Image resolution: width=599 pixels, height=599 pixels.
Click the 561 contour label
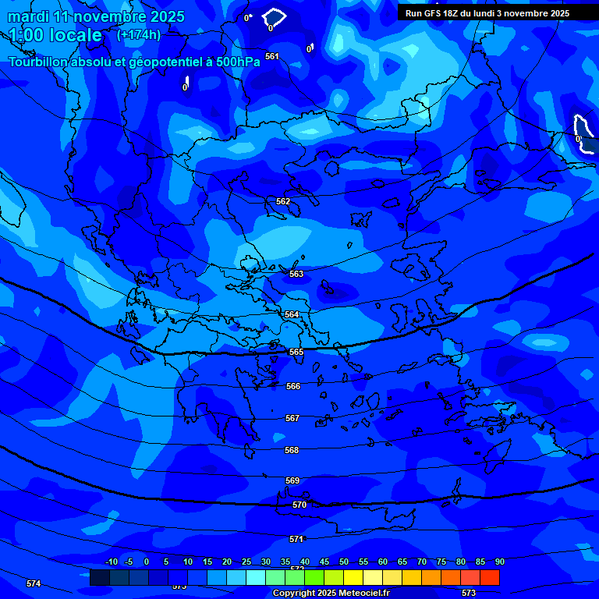[271, 56]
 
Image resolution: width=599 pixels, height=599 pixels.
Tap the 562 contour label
[283, 201]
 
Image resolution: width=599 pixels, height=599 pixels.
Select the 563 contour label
[296, 274]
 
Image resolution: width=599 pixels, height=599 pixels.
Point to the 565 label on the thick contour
[296, 352]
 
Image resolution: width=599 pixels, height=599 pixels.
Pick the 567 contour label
[292, 418]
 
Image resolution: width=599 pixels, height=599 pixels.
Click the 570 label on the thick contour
[299, 505]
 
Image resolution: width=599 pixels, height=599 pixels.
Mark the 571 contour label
[296, 539]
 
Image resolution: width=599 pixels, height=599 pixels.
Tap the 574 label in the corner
[34, 583]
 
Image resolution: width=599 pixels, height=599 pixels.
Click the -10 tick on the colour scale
[111, 562]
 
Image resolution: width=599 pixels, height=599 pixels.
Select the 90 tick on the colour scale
[499, 562]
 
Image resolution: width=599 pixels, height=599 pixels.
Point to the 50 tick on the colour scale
[344, 562]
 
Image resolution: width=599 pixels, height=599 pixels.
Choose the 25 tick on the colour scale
[246, 562]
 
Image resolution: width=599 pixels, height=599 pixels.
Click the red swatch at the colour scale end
[489, 577]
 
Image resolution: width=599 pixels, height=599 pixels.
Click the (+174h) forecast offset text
[139, 34]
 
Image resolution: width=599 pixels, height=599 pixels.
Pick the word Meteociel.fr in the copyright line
[363, 594]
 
